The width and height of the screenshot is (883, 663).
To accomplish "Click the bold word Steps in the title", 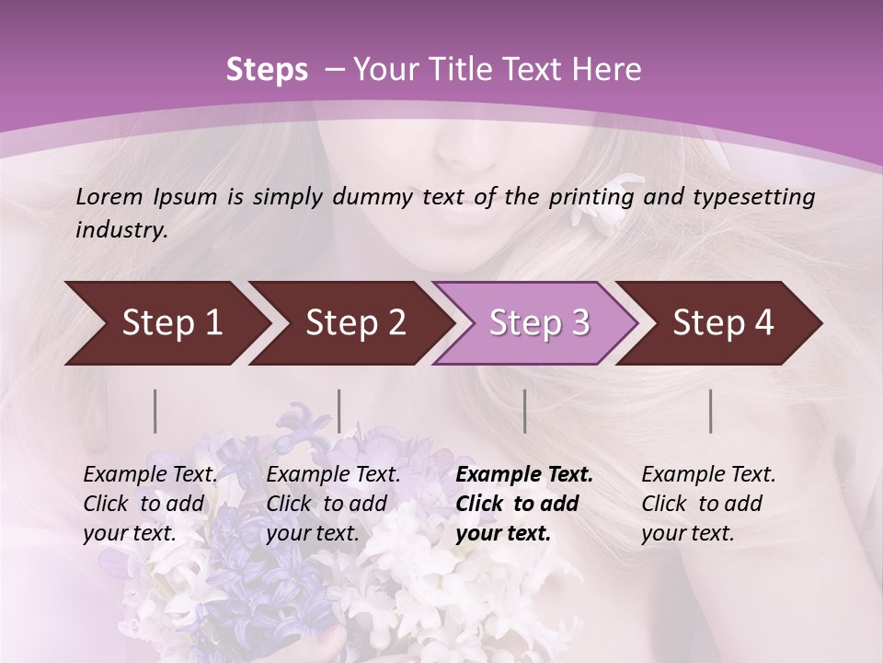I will tap(267, 70).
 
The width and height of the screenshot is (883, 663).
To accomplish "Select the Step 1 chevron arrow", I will tap(166, 323).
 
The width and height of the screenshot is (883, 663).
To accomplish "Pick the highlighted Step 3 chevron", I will tap(538, 323).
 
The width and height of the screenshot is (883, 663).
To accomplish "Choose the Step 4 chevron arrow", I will tap(723, 323).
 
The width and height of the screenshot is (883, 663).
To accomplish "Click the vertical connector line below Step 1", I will tap(155, 411).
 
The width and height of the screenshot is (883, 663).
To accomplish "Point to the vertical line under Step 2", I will tap(339, 411).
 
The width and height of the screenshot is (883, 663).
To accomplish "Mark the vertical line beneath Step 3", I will tap(525, 411).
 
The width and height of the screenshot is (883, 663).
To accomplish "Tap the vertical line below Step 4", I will tap(711, 411).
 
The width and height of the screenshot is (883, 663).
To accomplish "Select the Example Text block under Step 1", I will tap(150, 504).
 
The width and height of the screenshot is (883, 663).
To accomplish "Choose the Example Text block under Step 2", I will tap(333, 504).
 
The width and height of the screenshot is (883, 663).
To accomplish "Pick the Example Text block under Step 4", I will tap(708, 504).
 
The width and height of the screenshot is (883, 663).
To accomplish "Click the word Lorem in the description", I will tap(109, 196).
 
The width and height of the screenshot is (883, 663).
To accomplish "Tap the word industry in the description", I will tap(121, 230).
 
